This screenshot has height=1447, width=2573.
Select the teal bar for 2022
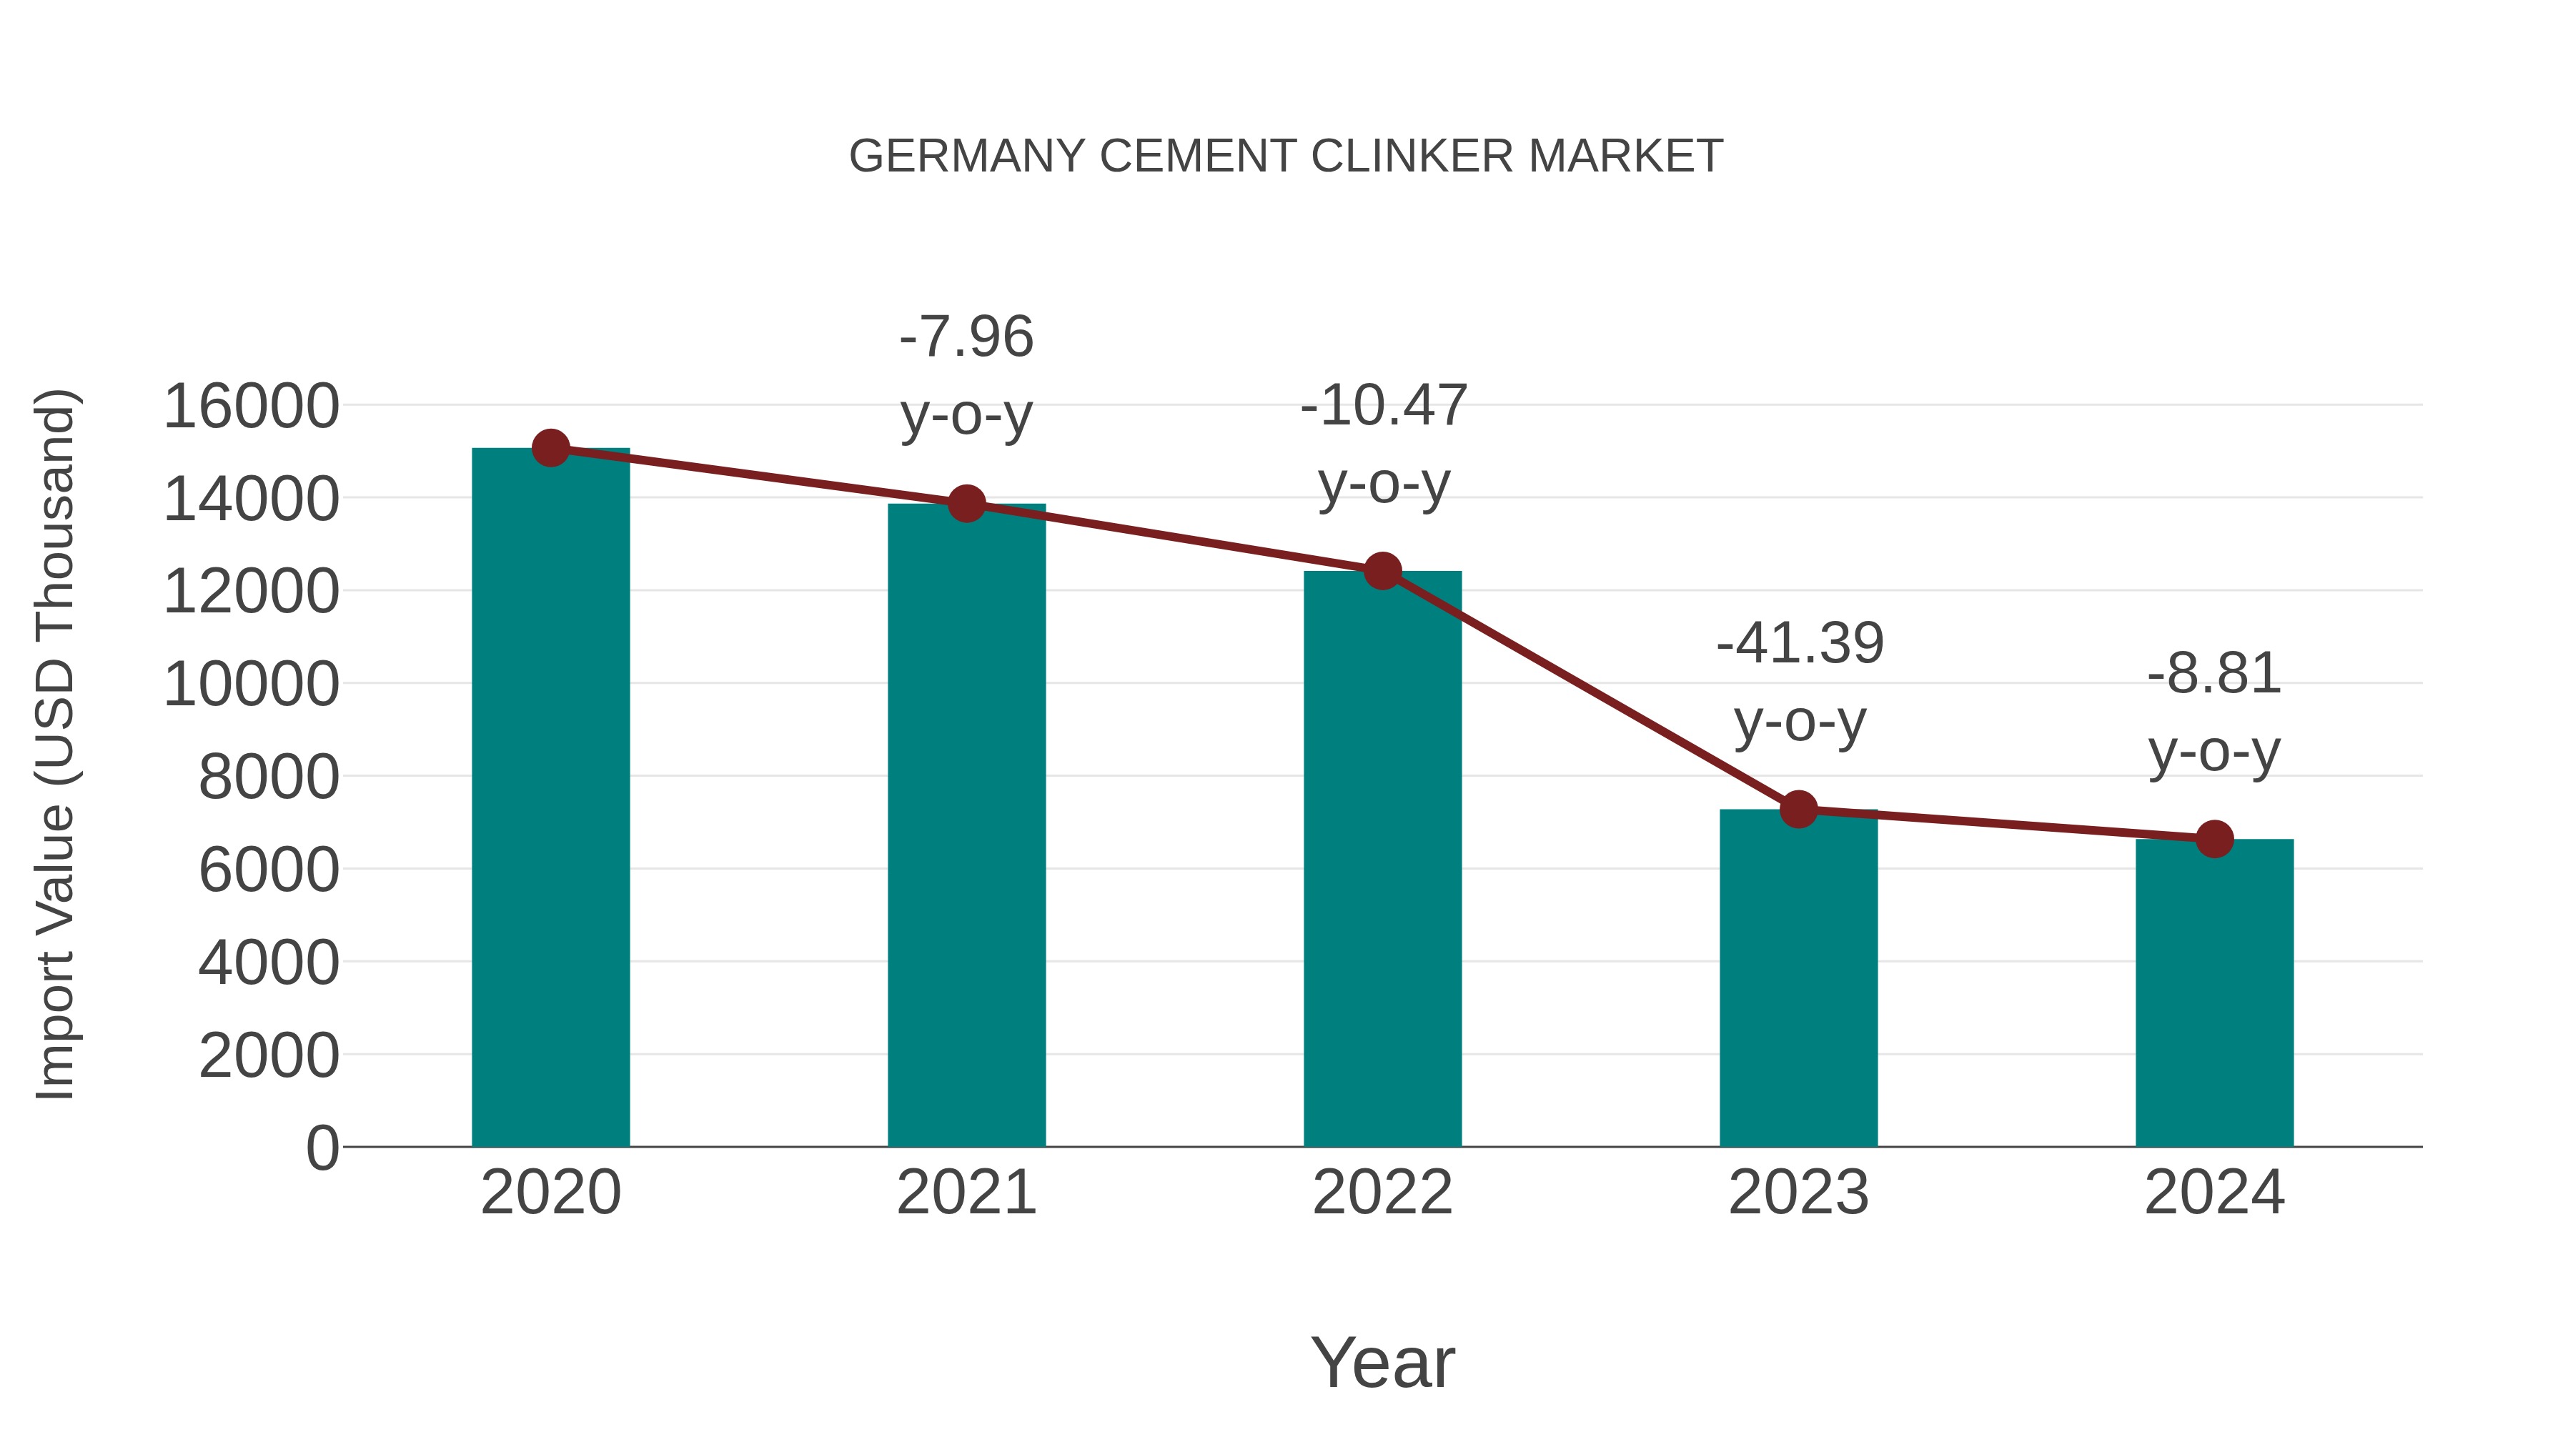1382,859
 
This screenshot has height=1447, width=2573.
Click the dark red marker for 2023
1798,809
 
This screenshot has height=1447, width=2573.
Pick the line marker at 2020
550,448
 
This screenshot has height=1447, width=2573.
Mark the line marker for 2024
2214,839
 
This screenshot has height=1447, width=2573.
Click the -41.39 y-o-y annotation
1800,682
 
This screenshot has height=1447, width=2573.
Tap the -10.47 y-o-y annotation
1384,444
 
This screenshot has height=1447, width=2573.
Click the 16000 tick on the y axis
251,407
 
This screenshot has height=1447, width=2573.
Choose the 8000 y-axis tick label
269,777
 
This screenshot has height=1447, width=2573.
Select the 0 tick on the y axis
322,1148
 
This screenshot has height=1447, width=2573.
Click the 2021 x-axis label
966,1193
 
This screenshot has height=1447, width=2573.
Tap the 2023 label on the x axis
1798,1193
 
